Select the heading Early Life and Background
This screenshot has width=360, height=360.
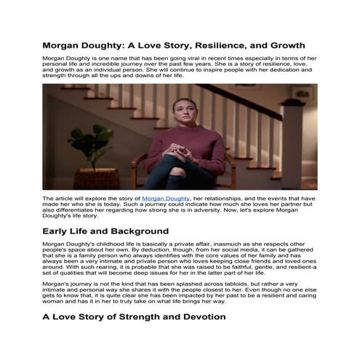click(x=105, y=231)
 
